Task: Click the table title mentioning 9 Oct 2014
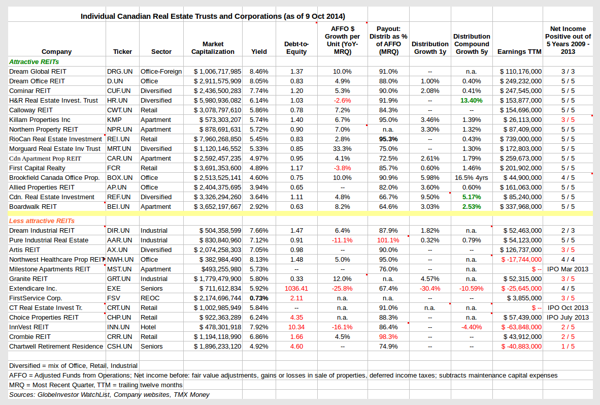pos(213,16)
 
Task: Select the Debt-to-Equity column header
pos(296,48)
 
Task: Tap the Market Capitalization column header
pos(213,48)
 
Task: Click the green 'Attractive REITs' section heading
pos(34,61)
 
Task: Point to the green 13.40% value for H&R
pos(471,101)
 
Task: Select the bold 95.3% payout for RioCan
pos(388,139)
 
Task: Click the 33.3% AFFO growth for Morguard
pos(342,149)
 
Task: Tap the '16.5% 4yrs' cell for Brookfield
pos(471,178)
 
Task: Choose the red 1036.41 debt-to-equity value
pos(296,289)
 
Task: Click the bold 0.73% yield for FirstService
pos(259,298)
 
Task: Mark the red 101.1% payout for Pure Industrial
pos(388,240)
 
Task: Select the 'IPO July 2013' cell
pos(568,318)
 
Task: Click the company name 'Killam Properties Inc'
pos(40,120)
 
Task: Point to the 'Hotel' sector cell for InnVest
pos(149,327)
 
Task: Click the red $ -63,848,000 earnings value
pos(521,327)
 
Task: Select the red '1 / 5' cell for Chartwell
pos(568,347)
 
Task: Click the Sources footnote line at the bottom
pos(109,395)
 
